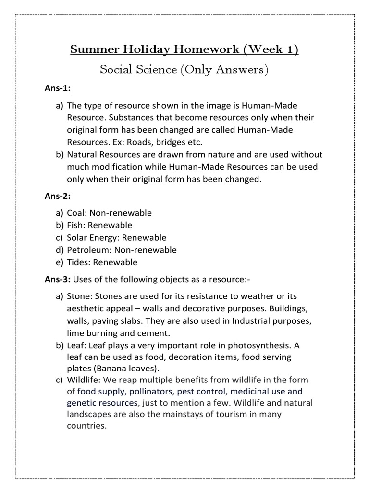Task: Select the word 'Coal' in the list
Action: [76, 213]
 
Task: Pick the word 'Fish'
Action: [75, 225]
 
